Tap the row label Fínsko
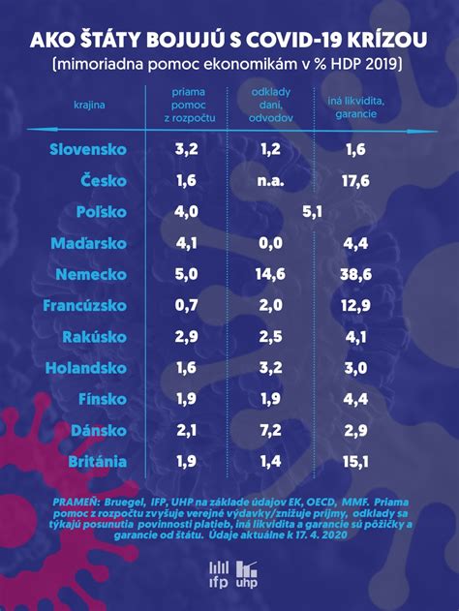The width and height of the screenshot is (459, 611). click(x=100, y=399)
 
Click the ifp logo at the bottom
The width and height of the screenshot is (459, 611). click(x=219, y=573)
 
